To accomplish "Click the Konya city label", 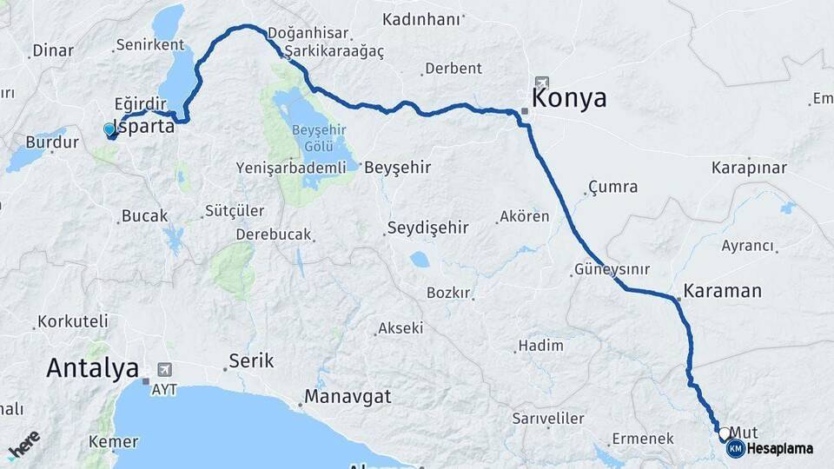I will [x=570, y=97].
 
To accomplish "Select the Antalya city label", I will [x=92, y=367].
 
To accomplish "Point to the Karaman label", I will [x=722, y=290].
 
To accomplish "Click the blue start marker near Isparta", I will [x=109, y=129].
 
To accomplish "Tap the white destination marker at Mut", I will [x=724, y=432].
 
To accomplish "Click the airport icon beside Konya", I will [x=543, y=81].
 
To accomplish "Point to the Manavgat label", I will [x=347, y=397].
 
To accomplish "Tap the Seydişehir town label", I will [x=427, y=228].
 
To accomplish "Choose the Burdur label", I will [x=46, y=142].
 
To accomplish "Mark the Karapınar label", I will [x=749, y=167].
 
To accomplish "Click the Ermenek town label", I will [x=643, y=439].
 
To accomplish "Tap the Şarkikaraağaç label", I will [x=335, y=51].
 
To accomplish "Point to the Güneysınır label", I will [x=612, y=269].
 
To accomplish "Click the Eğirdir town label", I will [x=139, y=102].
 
